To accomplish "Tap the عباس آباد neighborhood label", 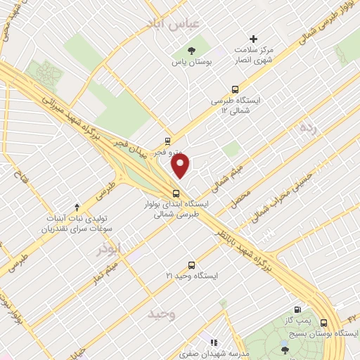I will click(x=172, y=24).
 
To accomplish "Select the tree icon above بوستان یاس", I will click(x=191, y=49).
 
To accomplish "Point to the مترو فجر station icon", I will click(x=167, y=139).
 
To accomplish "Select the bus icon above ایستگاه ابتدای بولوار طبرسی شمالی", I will click(x=176, y=193).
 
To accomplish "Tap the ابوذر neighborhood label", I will click(x=110, y=248).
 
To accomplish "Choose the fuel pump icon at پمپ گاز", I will click(x=299, y=309).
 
